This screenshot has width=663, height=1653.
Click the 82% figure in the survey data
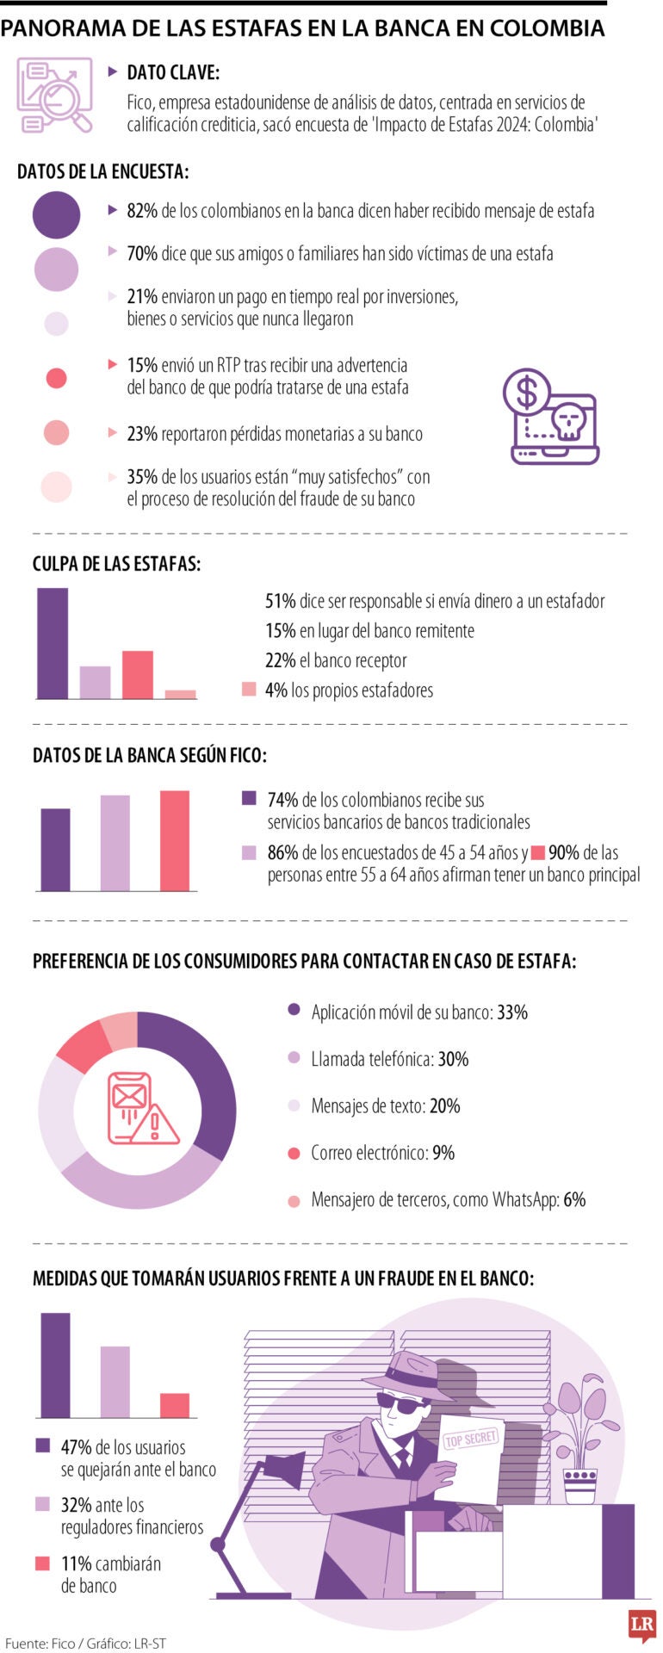tap(142, 211)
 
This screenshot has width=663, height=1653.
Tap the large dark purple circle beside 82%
tap(56, 214)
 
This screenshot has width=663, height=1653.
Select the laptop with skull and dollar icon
tap(551, 418)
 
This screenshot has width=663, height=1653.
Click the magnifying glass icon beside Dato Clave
tap(55, 96)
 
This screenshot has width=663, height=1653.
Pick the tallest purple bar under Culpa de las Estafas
tap(53, 643)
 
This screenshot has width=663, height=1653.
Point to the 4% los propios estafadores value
tap(276, 690)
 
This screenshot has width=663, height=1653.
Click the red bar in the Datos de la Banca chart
tap(175, 840)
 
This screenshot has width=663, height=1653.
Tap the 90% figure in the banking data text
tap(563, 853)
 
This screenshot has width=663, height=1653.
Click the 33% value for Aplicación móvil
tap(512, 1012)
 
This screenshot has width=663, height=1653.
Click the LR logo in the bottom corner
tap(641, 1625)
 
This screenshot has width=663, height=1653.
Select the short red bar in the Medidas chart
tap(175, 1405)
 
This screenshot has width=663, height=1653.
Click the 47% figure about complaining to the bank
tap(77, 1448)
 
